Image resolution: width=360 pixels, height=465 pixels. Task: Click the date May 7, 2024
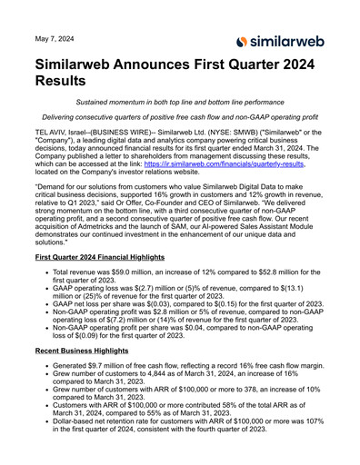click(x=54, y=39)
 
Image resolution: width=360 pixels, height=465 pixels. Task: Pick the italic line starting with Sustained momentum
click(x=180, y=103)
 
